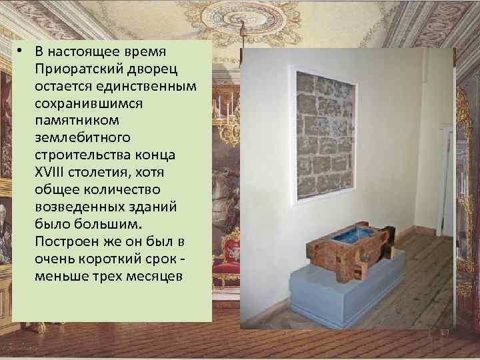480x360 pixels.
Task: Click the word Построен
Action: [67, 241]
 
